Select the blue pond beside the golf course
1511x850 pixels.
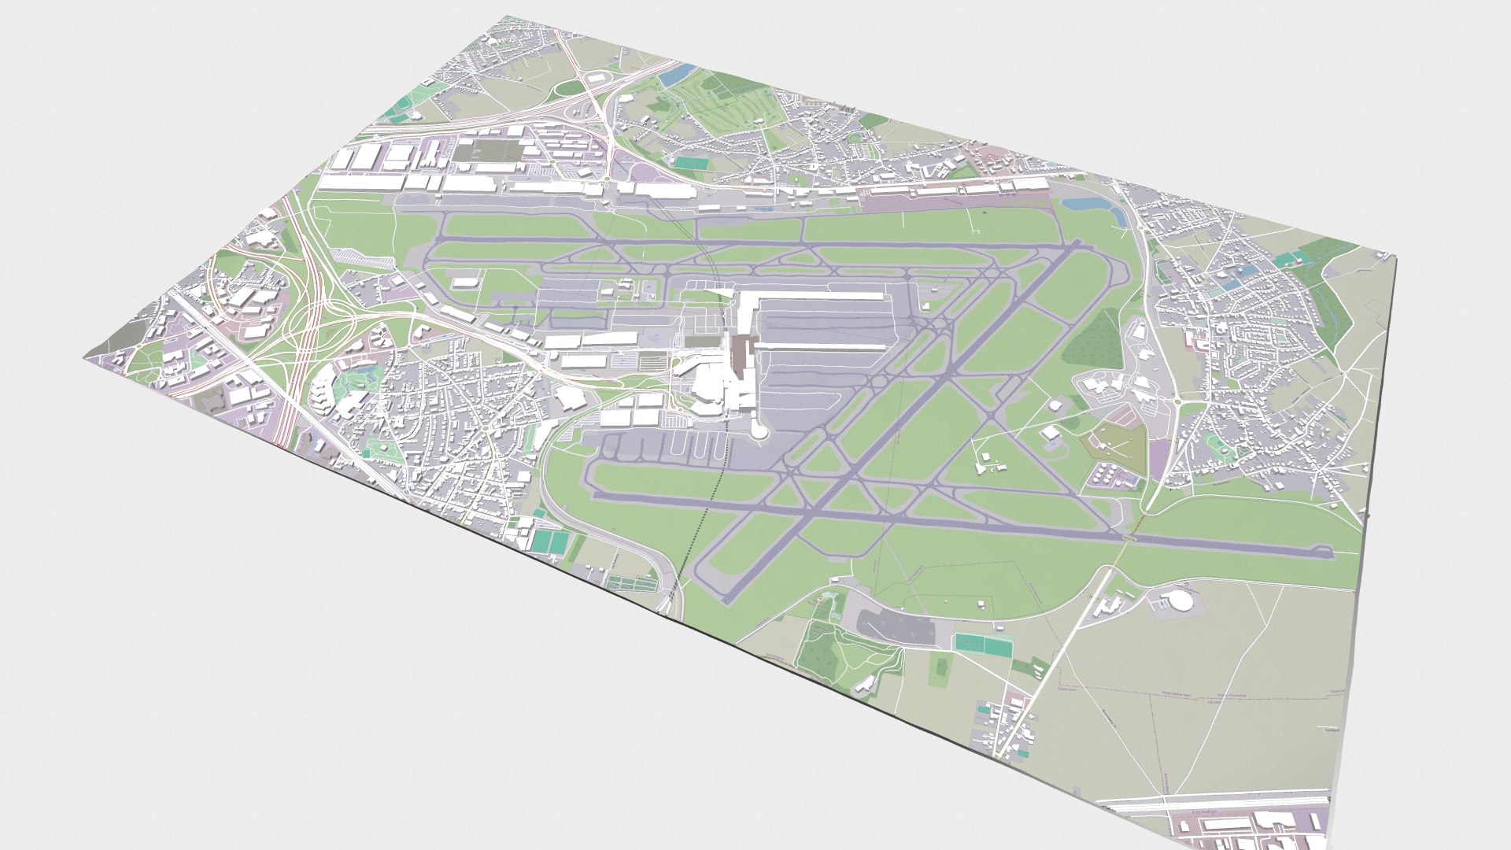[675, 76]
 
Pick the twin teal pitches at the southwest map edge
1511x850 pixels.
[550, 541]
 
